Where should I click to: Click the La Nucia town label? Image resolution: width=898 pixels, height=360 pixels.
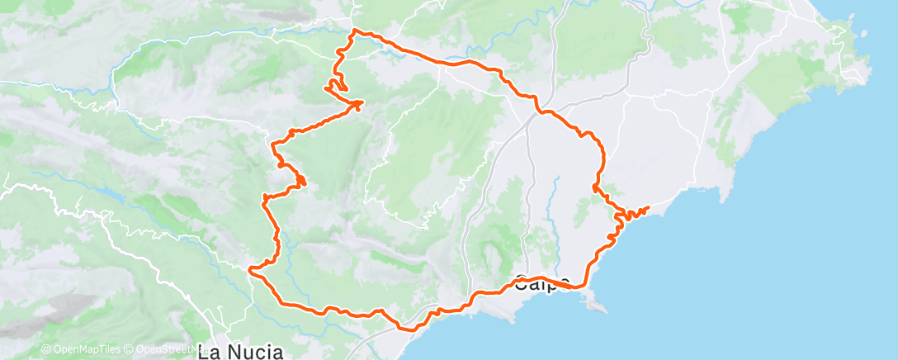pos(241,352)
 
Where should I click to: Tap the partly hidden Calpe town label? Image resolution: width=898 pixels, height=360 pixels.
pos(542,285)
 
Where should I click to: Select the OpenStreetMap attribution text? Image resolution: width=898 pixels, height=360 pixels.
pos(162,349)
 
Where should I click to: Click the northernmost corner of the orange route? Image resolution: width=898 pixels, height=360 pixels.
pos(355,31)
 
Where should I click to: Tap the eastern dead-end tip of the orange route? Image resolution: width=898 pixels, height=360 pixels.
pos(649,206)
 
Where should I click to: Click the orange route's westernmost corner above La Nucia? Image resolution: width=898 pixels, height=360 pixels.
pos(250,268)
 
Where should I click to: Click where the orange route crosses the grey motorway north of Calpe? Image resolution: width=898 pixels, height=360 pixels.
pos(539,111)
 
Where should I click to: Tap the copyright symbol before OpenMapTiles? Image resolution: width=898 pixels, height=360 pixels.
pos(45,349)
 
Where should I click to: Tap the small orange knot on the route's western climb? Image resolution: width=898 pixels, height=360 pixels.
pos(299,179)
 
